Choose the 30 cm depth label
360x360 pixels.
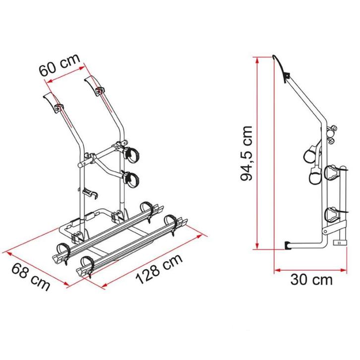311,280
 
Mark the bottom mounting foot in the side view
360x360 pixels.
289,244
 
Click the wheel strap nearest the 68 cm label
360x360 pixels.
63,248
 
